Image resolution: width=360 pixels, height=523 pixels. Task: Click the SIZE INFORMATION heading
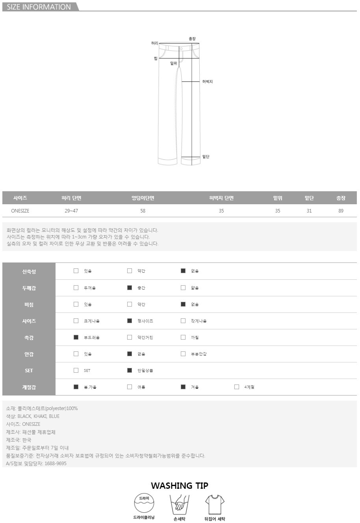pos(39,7)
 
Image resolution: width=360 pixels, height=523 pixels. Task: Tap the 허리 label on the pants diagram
pos(154,43)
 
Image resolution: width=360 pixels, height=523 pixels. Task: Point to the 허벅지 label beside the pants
pos(208,81)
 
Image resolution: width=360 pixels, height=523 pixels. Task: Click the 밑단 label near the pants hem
pos(206,157)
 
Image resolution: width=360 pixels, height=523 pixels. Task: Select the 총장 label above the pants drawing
pos(192,39)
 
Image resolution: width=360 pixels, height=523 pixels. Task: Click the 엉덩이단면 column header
pos(143,198)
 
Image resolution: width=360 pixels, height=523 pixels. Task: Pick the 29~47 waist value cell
pos(71,211)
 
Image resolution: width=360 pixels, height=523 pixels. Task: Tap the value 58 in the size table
pos(143,211)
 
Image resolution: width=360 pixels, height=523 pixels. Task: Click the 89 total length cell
pos(341,211)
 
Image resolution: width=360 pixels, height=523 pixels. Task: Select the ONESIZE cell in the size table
pos(20,211)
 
